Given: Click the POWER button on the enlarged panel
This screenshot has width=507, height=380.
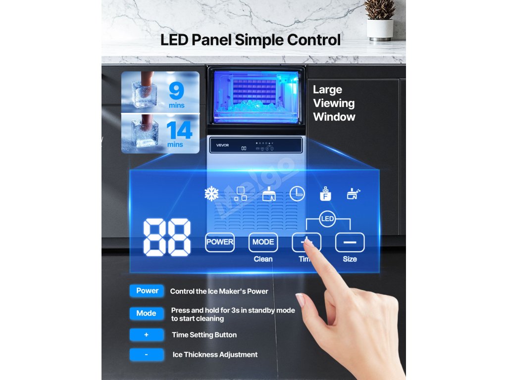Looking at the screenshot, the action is click(x=220, y=242).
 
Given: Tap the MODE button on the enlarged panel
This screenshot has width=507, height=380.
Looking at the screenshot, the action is click(x=263, y=242).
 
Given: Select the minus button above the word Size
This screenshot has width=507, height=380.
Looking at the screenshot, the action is click(x=350, y=242).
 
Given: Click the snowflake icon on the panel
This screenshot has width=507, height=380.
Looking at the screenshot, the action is click(x=211, y=194).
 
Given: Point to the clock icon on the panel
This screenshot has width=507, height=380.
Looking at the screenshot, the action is click(x=297, y=194).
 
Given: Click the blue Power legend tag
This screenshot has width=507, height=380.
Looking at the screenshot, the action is click(x=147, y=291).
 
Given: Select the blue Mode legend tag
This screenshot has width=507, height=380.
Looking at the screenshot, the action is click(x=146, y=313).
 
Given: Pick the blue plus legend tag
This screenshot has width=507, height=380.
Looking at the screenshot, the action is click(x=147, y=335).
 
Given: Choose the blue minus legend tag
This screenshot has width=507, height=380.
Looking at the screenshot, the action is click(x=147, y=354).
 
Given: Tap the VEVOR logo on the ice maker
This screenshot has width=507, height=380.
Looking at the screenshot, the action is click(x=223, y=144).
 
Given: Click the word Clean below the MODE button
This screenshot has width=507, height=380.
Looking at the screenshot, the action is click(x=263, y=259).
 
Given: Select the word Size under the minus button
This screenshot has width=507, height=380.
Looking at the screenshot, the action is click(x=350, y=259).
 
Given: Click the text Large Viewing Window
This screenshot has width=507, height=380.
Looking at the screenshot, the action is click(x=334, y=103).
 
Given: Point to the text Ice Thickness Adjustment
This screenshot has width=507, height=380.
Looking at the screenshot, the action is click(x=215, y=354).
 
